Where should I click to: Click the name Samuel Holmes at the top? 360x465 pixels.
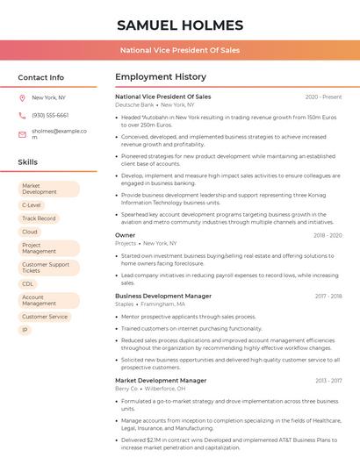tap(180, 25)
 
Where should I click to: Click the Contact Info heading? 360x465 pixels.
tap(40, 77)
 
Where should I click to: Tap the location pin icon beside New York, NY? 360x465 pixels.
tap(22, 98)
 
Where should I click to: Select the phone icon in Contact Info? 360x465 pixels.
tap(22, 115)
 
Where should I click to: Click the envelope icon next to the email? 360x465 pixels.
tap(22, 134)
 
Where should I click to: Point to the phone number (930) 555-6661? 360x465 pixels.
tap(50, 115)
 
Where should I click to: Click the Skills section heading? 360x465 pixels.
tap(28, 162)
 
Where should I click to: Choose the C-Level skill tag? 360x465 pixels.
tap(32, 204)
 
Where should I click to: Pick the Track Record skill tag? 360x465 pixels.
tap(39, 218)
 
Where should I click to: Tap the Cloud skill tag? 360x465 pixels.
tap(30, 232)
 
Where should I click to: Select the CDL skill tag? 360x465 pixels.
tap(28, 283)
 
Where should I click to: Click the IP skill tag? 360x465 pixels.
tap(25, 330)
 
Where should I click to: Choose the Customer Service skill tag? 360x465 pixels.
tap(45, 317)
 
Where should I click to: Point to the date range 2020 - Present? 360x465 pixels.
tap(323, 97)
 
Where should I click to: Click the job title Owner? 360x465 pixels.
tap(126, 235)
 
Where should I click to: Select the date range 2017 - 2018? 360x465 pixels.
tap(328, 297)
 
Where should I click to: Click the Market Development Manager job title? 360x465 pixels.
tap(161, 380)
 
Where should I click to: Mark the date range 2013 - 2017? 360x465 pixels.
tap(328, 381)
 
